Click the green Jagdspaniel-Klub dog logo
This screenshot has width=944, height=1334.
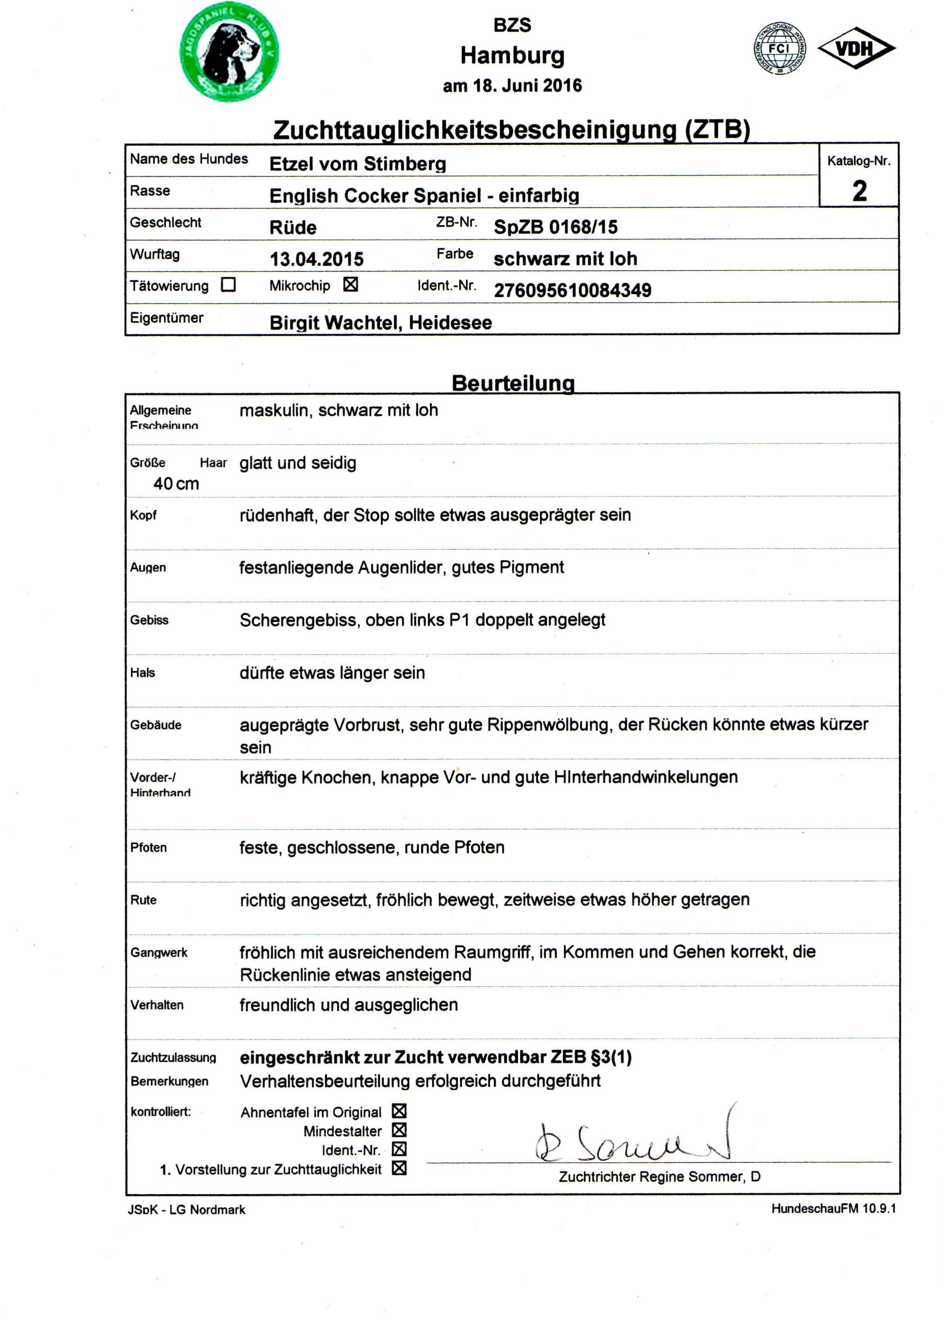click(229, 52)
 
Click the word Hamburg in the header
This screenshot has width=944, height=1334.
click(512, 56)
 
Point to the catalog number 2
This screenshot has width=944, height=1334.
click(859, 191)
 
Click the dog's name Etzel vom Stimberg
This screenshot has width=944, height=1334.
click(357, 164)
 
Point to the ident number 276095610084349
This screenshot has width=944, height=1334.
click(572, 290)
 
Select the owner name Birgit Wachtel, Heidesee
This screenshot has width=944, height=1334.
click(380, 322)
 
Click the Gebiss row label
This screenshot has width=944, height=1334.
click(150, 620)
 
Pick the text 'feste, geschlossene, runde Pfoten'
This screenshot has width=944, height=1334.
click(371, 847)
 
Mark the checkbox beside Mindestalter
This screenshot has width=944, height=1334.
click(399, 1130)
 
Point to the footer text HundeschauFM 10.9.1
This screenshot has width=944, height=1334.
click(833, 1209)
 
